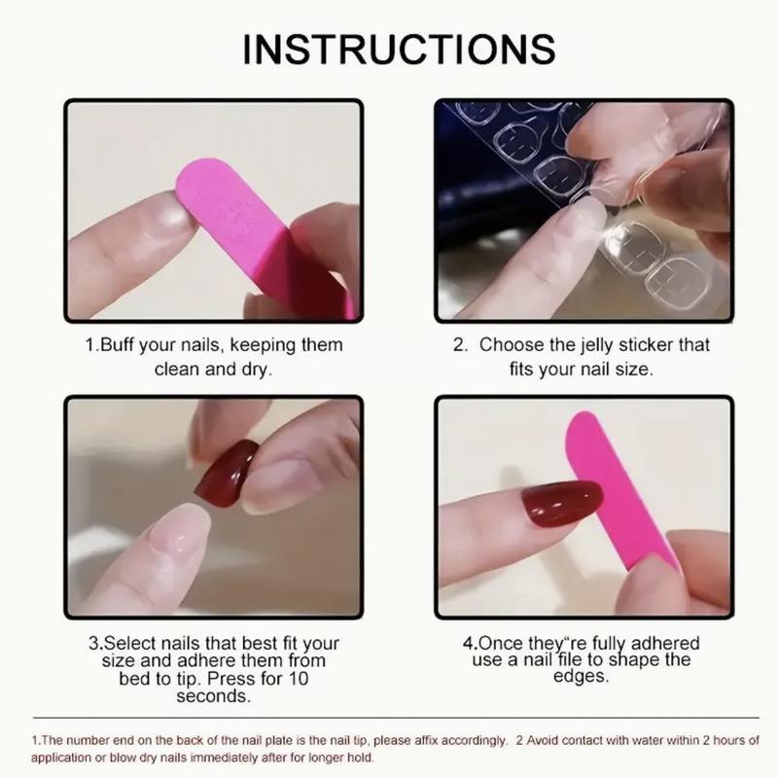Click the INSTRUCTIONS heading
pos(399,50)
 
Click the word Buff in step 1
pos(117,344)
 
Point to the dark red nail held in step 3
pos(226,473)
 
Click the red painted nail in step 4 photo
pos(562,502)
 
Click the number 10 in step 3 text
pos(298,678)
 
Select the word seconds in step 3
pos(213,696)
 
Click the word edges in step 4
pos(581,677)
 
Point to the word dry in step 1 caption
pos(257,370)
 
